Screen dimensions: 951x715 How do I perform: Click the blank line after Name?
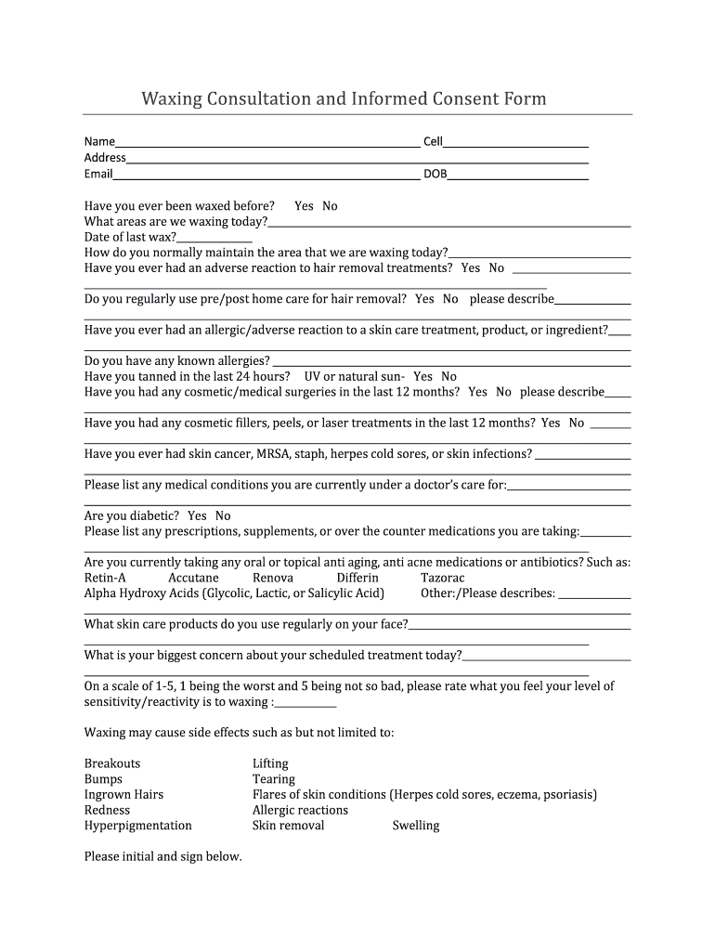coord(267,143)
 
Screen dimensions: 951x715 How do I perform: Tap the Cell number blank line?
coord(515,143)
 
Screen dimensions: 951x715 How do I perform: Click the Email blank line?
coord(266,175)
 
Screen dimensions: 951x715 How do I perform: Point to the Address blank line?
coord(357,159)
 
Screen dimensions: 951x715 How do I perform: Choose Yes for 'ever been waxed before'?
coord(304,206)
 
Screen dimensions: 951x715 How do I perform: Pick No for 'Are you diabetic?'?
coord(223,515)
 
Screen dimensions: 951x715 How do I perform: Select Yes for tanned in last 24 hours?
coord(422,376)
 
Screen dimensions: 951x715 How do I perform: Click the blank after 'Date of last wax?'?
coord(214,238)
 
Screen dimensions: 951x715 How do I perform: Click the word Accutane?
coord(193,578)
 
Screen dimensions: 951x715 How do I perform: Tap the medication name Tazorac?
coord(443,578)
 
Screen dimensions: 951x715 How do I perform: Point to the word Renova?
coord(273,578)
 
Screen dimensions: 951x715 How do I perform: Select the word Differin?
coord(357,578)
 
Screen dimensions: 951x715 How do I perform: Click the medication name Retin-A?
coord(105,578)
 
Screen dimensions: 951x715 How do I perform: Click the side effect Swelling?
coord(416,826)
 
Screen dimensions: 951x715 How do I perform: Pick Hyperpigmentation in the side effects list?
coord(138,826)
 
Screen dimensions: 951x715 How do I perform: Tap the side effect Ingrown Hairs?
coord(123,795)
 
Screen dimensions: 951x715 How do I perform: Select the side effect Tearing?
coord(274,779)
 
